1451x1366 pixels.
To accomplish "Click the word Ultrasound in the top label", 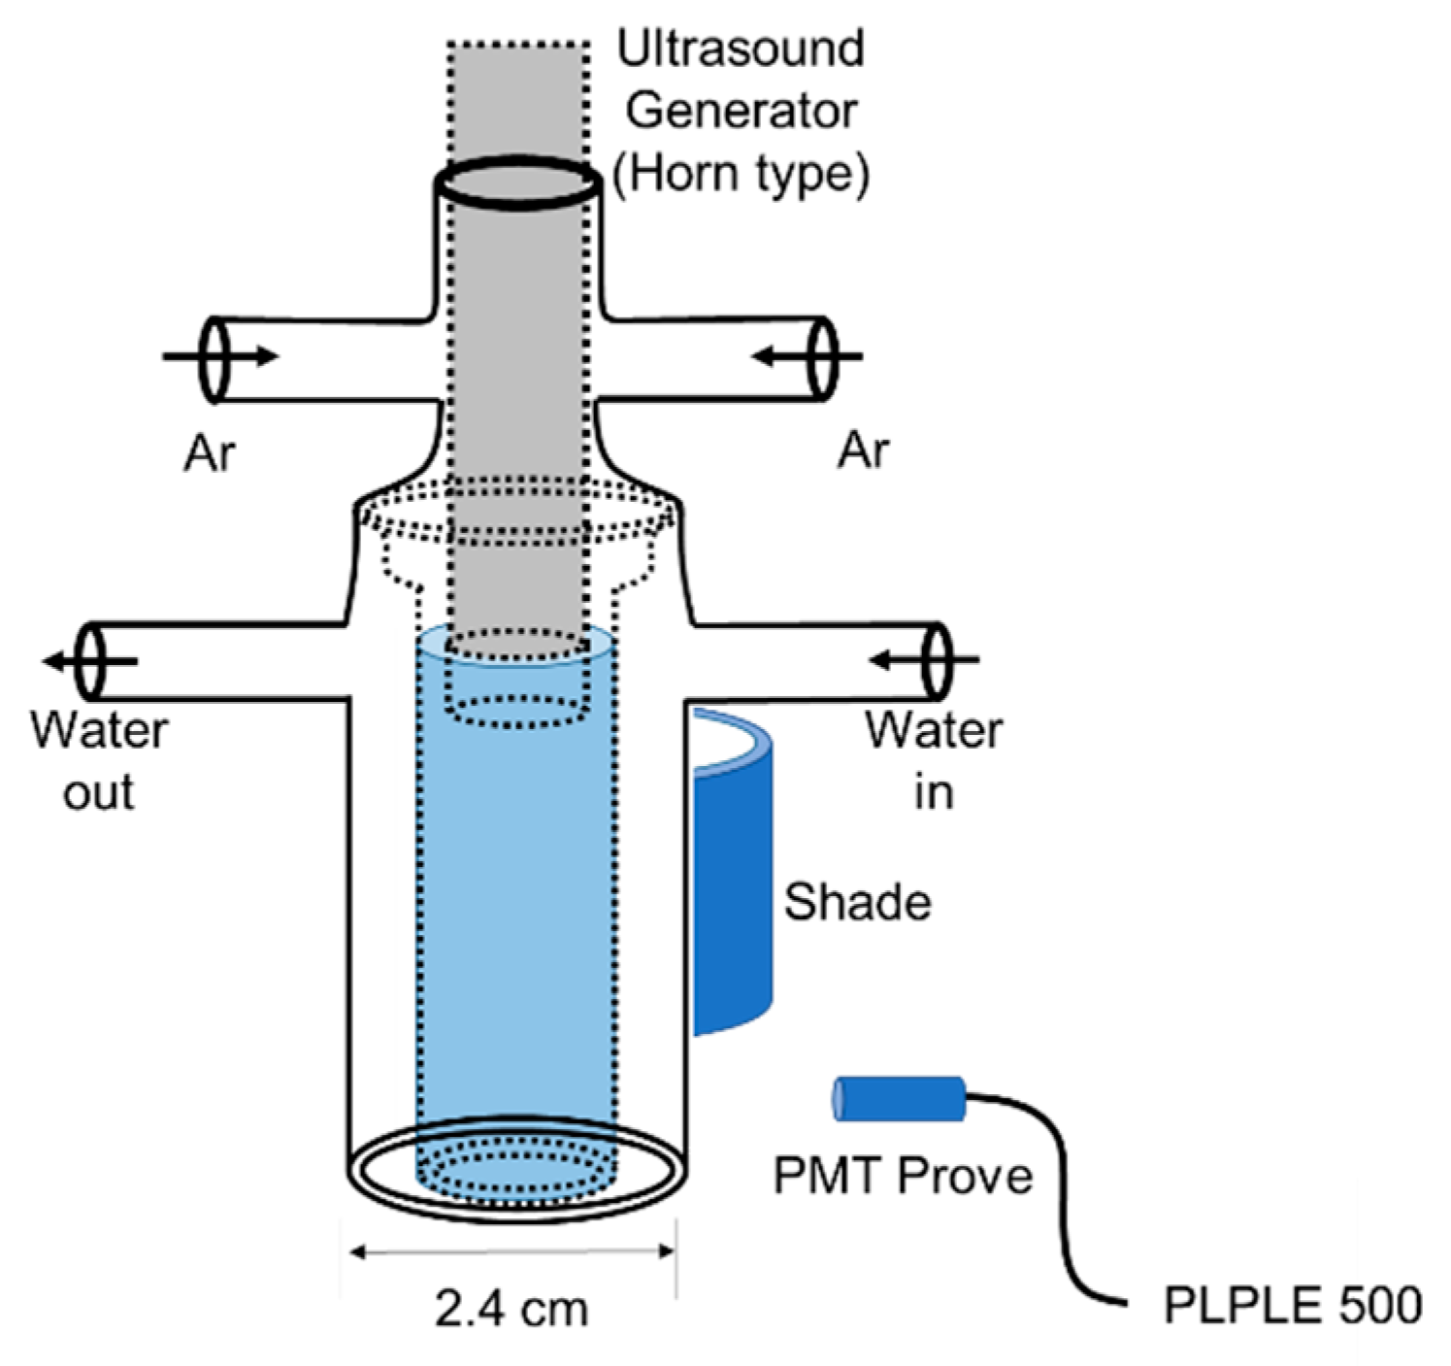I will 741,49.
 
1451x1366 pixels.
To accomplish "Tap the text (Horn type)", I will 741,175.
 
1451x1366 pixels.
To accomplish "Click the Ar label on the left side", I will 210,452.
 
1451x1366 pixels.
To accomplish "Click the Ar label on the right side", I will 863,450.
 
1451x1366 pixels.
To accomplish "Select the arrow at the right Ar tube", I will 806,357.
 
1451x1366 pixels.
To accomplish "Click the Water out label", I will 98,761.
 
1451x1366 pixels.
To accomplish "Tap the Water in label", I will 934,761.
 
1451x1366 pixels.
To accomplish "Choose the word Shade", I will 857,903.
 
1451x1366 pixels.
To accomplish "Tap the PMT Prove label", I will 903,1176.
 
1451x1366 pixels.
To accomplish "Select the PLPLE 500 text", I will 1292,1305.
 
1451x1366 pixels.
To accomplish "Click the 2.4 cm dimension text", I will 511,1309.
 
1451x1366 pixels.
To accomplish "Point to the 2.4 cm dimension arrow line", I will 511,1252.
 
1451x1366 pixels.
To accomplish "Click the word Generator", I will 741,111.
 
